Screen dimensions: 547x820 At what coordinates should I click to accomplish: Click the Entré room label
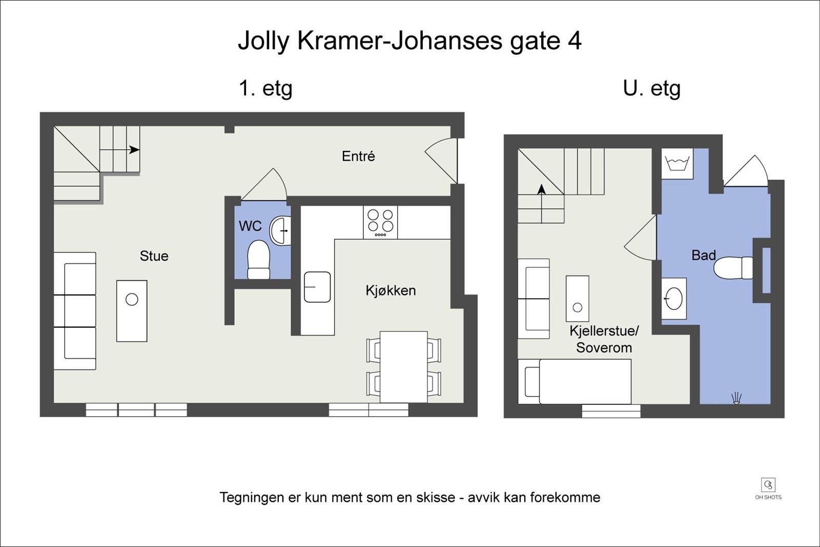358,156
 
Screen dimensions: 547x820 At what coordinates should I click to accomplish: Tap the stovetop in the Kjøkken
380,222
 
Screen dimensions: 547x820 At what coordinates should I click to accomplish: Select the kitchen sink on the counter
317,287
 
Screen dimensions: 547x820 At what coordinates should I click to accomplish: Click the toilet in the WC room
259,259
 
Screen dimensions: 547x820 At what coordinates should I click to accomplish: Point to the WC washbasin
281,230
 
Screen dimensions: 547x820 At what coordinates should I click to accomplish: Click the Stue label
154,256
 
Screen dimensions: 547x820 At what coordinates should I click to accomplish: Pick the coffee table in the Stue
132,311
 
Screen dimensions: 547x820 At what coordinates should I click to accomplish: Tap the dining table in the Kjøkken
404,367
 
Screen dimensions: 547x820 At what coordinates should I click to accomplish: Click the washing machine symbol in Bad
676,164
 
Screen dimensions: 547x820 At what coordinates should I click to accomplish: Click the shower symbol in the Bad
736,398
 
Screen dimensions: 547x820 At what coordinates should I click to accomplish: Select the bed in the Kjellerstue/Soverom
575,381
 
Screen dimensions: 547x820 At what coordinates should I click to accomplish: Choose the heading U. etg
651,89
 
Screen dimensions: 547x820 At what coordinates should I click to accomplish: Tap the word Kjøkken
391,290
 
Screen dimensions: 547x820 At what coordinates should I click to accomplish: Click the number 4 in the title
575,41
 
